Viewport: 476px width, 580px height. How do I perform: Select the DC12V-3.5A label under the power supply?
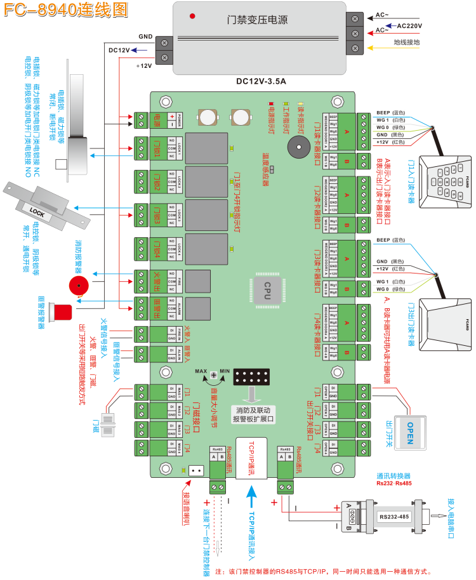(260, 81)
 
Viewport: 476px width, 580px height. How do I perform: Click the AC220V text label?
(409, 26)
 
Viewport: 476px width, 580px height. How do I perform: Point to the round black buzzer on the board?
(296, 147)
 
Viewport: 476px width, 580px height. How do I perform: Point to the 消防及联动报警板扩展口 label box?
(253, 414)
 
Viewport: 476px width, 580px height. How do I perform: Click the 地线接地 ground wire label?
(407, 43)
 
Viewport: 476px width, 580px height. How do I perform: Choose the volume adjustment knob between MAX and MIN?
(214, 376)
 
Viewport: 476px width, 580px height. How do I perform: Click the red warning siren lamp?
(64, 312)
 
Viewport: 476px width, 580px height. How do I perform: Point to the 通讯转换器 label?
(393, 475)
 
